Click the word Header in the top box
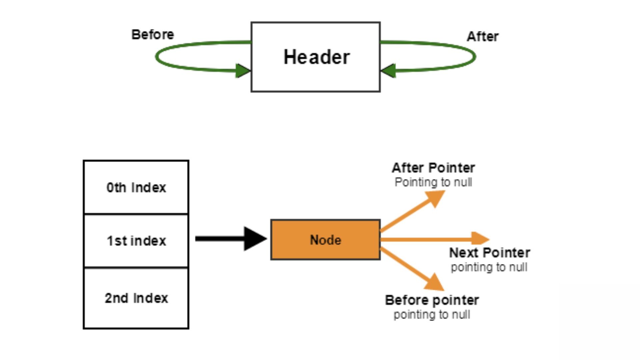tap(316, 57)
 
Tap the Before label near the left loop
tap(152, 35)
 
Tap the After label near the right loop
tap(482, 37)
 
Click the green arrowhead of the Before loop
tap(243, 70)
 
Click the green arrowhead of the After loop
tap(388, 70)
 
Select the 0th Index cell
tap(136, 188)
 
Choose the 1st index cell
tap(136, 241)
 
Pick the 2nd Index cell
tap(136, 298)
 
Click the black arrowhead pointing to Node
tap(254, 239)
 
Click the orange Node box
tap(325, 240)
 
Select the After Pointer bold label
tap(433, 168)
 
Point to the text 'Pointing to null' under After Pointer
tap(433, 182)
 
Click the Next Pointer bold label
tap(489, 253)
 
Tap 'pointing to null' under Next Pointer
tap(489, 267)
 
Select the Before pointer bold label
tap(432, 300)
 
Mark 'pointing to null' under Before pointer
tap(432, 315)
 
